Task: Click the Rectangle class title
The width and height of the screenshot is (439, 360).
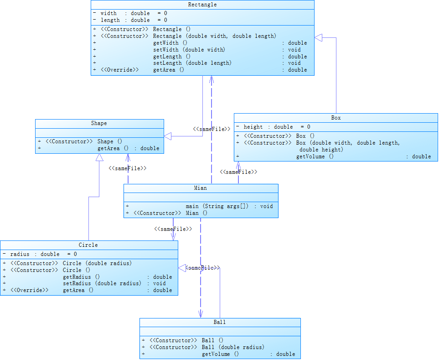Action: (x=202, y=5)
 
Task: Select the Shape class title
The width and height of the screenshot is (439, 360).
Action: (x=99, y=123)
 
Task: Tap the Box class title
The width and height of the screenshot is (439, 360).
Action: (x=336, y=118)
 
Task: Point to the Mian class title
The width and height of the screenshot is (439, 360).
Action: (x=201, y=188)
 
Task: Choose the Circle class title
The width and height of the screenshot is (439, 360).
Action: (x=88, y=245)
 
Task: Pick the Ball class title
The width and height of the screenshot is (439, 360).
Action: (x=220, y=322)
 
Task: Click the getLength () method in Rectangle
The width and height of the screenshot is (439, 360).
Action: (x=172, y=57)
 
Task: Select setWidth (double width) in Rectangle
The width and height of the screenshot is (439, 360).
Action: (x=189, y=50)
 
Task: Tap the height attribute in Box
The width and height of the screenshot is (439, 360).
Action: (x=253, y=127)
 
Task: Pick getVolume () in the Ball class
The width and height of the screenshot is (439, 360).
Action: (x=221, y=354)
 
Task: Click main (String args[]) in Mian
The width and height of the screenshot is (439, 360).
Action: (x=217, y=206)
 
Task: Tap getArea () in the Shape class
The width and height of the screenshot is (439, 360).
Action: (x=113, y=148)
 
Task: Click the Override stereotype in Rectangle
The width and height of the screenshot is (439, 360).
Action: (x=120, y=70)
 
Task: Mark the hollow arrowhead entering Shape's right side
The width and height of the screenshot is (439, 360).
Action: (x=168, y=136)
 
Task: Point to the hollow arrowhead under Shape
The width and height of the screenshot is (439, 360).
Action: (x=99, y=157)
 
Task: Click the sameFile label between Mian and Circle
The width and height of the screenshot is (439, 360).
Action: (x=173, y=229)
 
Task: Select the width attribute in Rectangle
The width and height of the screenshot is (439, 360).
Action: (x=108, y=13)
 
